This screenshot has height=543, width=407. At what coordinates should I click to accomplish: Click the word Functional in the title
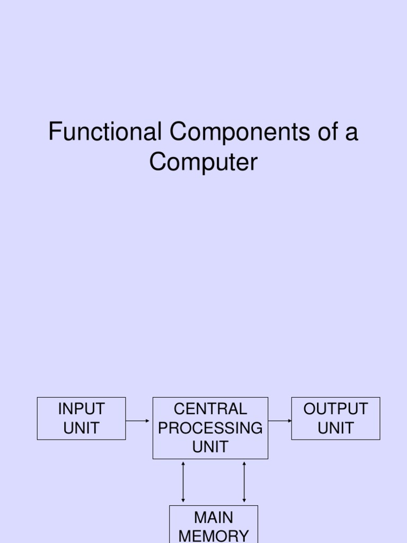(104, 132)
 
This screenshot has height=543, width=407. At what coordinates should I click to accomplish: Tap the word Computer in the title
(203, 162)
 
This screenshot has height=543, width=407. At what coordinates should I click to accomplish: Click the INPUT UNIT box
(81, 418)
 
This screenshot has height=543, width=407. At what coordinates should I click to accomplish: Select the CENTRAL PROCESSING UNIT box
(210, 428)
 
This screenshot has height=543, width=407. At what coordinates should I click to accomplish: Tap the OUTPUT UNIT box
(335, 418)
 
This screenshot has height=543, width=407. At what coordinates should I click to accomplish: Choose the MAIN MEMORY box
(214, 525)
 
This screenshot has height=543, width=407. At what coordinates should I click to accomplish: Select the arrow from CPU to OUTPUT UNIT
(280, 421)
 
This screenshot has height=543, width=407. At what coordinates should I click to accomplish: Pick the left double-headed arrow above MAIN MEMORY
(183, 481)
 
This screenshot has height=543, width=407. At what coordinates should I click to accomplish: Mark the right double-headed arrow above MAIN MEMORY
(244, 481)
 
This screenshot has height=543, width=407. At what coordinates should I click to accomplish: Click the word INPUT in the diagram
(81, 409)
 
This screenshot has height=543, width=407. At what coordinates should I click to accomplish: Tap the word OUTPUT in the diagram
(335, 409)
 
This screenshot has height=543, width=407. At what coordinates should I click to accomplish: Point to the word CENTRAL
(210, 409)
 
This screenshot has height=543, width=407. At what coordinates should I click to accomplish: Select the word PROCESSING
(210, 428)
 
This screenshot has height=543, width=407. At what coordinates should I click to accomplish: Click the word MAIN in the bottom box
(214, 517)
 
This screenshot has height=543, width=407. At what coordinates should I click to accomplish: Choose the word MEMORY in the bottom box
(214, 536)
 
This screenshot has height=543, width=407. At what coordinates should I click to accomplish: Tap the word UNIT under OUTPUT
(335, 428)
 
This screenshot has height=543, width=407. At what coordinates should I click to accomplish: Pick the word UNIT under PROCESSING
(210, 447)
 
